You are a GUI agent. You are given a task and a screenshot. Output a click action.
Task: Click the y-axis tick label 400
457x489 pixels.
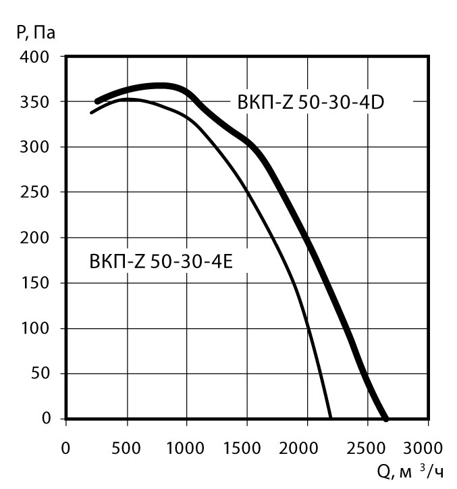(36, 57)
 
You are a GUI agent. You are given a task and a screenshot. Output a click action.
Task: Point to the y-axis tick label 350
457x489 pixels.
(36, 102)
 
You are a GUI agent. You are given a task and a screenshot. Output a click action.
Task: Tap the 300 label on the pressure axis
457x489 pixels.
(36, 147)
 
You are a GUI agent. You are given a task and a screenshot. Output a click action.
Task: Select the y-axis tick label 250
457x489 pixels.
(36, 192)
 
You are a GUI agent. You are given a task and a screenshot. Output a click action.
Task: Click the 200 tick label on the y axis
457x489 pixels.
(36, 238)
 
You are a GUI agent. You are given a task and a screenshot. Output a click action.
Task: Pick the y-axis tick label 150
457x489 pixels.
(36, 283)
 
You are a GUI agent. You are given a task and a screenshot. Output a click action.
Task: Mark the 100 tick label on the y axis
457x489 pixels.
(36, 328)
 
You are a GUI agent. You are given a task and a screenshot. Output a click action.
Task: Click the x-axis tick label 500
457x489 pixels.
(126, 448)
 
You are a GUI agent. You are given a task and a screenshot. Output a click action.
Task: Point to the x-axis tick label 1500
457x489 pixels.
(247, 448)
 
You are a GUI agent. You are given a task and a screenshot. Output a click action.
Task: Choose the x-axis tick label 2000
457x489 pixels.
(307, 448)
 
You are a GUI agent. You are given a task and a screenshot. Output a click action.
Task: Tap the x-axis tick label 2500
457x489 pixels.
(368, 448)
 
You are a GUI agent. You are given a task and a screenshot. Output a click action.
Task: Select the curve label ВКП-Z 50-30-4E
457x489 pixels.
(161, 261)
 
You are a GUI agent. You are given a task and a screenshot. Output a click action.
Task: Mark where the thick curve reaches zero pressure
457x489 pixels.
(386, 418)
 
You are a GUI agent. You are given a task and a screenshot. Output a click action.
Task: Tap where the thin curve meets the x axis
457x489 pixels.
(331, 418)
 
